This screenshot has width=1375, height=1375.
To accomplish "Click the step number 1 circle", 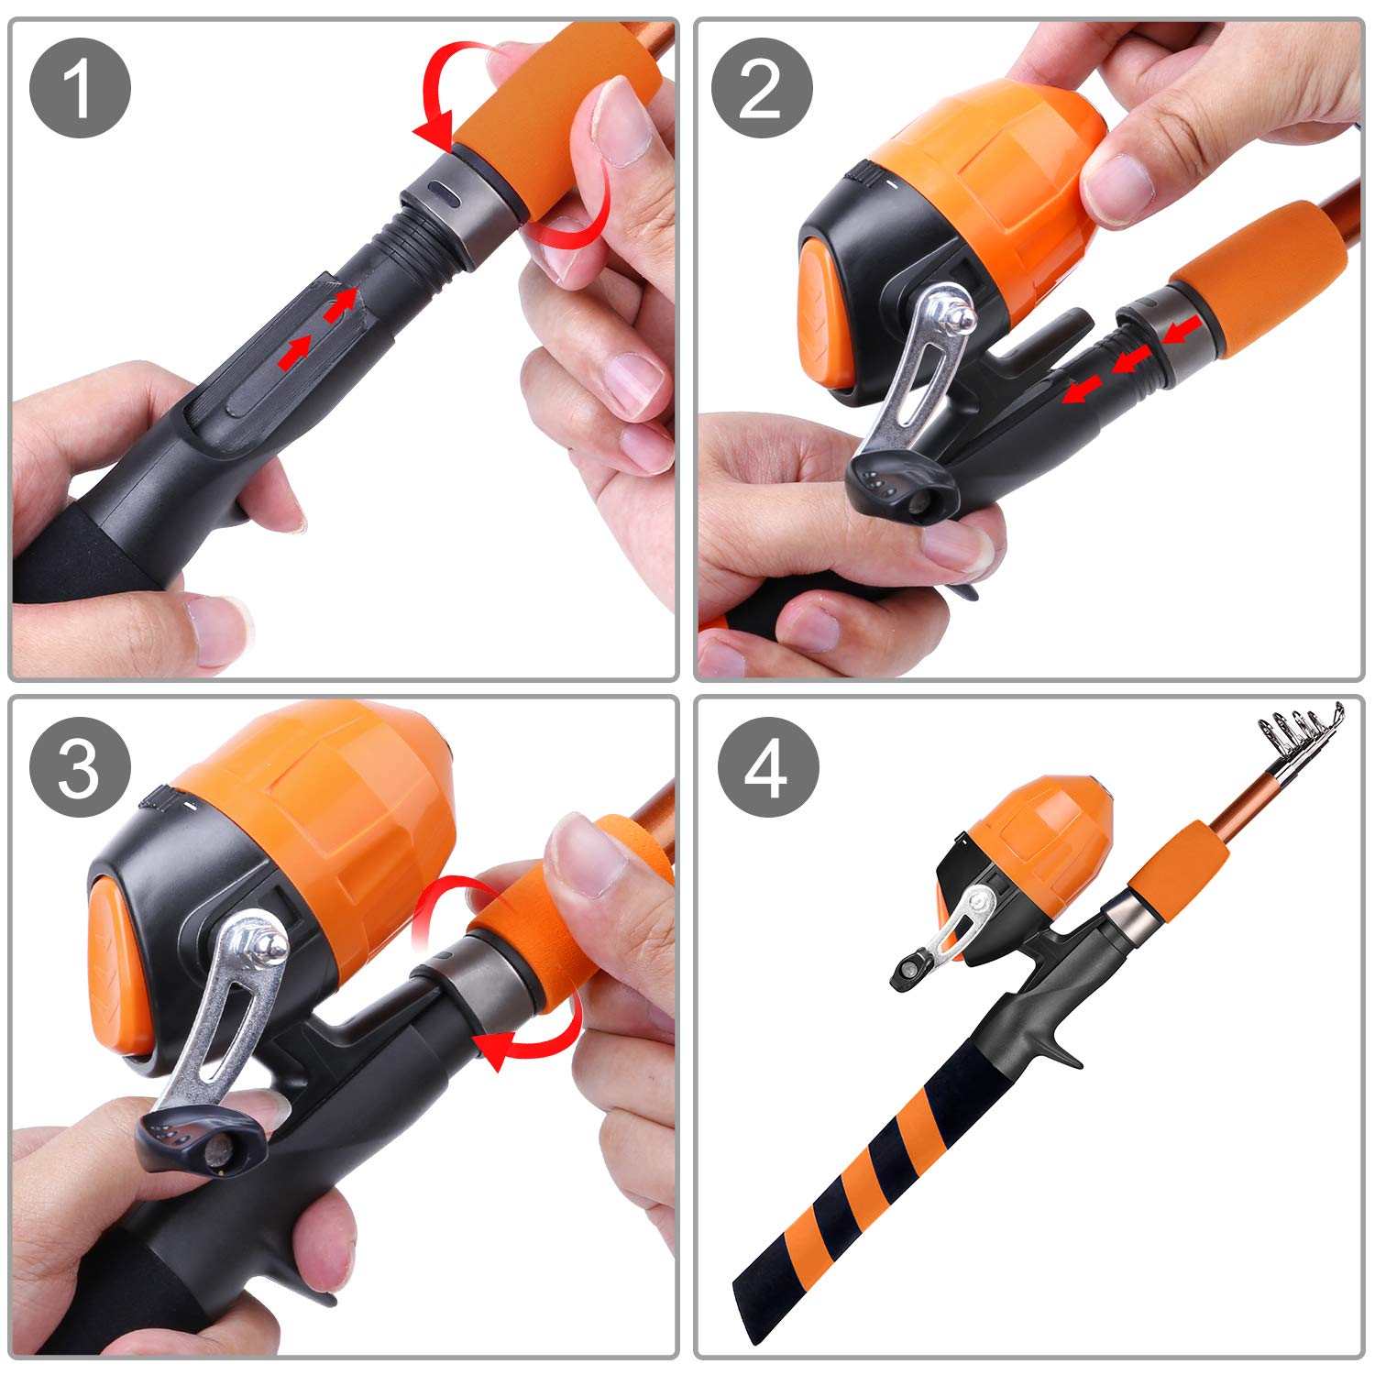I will pos(81,88).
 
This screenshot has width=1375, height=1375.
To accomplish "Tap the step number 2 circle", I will pos(762,88).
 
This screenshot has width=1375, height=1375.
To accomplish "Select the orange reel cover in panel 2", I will pos(990,183).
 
